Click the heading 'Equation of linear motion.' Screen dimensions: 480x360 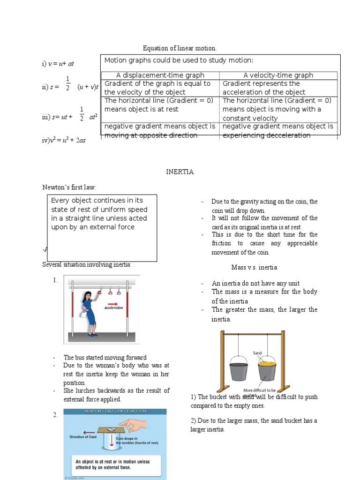click(x=180, y=48)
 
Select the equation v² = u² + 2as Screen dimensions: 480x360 click(x=64, y=140)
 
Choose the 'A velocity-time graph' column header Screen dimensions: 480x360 click(x=278, y=75)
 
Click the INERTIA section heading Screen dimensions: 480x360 click(x=180, y=172)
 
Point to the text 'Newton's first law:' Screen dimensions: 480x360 click(x=69, y=187)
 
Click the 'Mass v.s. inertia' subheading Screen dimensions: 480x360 click(x=254, y=267)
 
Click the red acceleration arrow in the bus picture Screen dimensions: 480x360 click(x=113, y=303)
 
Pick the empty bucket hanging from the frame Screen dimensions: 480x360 click(x=239, y=370)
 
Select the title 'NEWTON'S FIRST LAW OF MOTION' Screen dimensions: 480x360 click(x=115, y=411)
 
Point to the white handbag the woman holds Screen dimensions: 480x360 click(x=82, y=315)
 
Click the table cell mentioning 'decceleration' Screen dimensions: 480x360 click(x=278, y=131)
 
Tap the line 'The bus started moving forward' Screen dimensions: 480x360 click(x=105, y=358)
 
